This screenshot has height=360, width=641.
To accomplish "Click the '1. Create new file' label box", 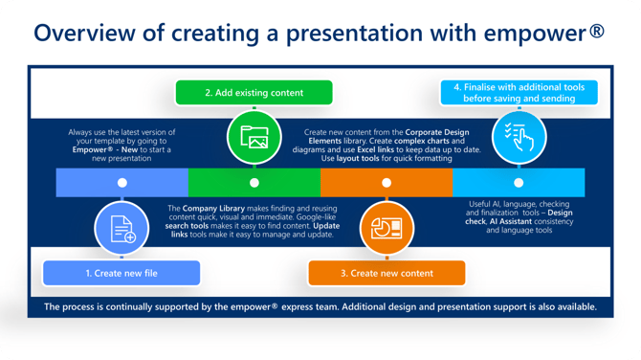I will tap(122, 273).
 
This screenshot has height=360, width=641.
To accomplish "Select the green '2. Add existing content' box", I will tap(254, 93).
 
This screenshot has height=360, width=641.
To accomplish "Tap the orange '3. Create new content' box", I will tap(386, 273).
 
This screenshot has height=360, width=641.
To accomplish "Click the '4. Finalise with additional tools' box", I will tap(519, 93).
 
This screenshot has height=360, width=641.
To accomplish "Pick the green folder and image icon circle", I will tap(254, 136).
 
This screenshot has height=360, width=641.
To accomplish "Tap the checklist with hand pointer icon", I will tap(518, 136).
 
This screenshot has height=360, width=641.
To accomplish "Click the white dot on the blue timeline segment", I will tap(122, 182).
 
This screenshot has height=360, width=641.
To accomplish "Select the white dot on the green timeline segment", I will tap(254, 182).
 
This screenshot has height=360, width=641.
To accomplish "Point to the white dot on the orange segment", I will tap(386, 182).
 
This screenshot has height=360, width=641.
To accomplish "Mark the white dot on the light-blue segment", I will tap(518, 182).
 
